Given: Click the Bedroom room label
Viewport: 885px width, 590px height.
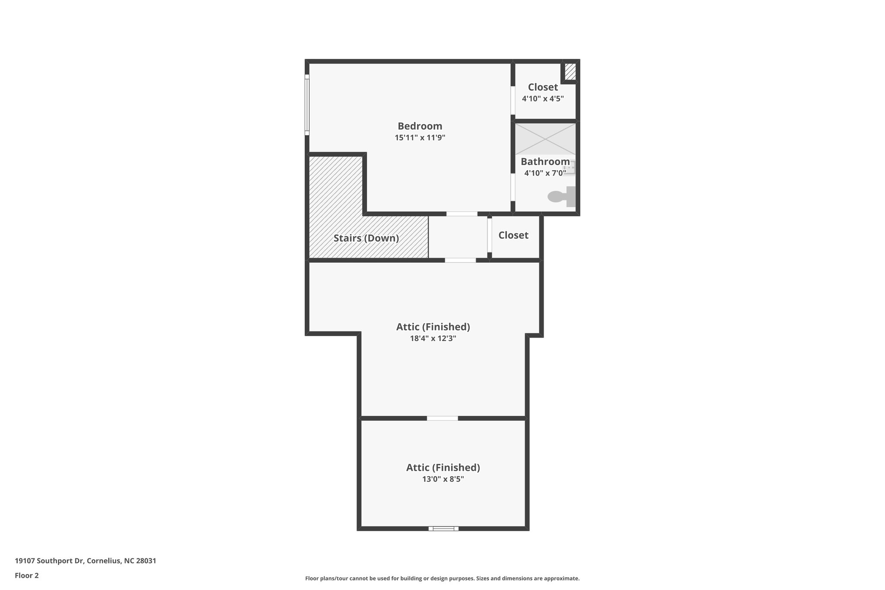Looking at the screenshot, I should [420, 126].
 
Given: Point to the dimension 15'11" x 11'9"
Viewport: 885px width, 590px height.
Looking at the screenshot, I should [420, 138].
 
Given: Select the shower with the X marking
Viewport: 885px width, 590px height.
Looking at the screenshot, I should [545, 139].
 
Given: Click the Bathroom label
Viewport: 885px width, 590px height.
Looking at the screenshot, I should [545, 162].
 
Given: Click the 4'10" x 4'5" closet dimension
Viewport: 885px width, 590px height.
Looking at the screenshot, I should [543, 99].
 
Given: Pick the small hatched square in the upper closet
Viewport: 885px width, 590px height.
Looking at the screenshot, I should [570, 72].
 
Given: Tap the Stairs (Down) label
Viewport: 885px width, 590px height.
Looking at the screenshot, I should [366, 238].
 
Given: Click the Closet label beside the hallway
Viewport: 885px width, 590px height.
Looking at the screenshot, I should [513, 235].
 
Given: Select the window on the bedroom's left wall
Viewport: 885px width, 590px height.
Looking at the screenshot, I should [307, 105].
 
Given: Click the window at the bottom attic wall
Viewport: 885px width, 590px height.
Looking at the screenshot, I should [443, 528].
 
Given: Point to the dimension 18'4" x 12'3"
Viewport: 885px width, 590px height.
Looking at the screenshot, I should [433, 338].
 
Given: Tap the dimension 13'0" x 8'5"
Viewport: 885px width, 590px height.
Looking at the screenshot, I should [443, 479].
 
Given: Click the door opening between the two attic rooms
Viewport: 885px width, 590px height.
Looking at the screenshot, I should [442, 418].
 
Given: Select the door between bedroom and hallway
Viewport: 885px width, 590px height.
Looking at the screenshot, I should [462, 214].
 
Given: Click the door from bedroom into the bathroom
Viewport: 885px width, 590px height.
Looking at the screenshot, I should [513, 187].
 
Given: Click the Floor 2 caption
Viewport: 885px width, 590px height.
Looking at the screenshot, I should [27, 575].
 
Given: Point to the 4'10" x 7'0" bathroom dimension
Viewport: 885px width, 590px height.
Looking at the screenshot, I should [545, 173].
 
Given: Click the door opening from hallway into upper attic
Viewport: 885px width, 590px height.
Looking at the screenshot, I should [460, 260].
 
